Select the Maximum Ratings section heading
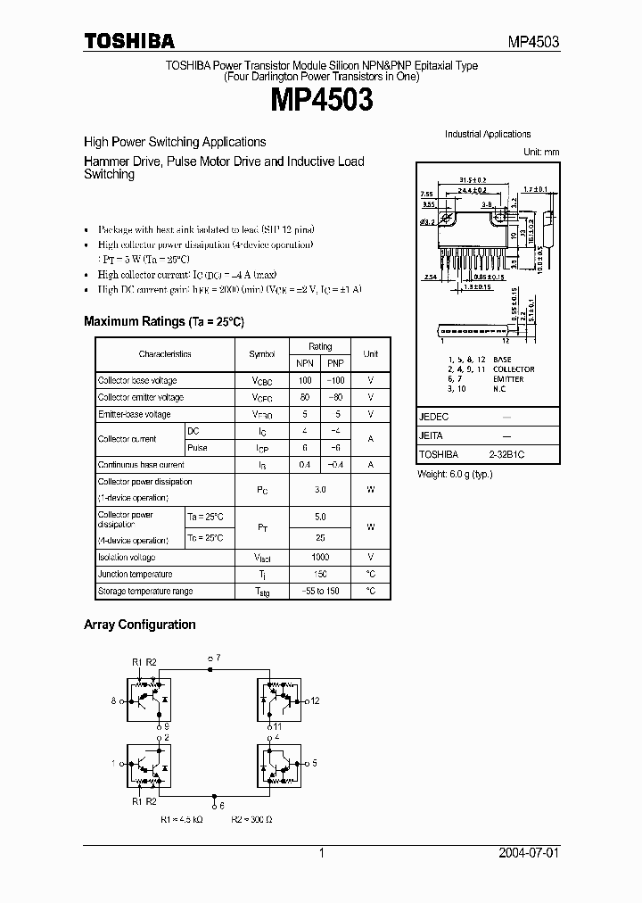pyautogui.click(x=163, y=321)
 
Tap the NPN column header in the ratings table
pyautogui.click(x=305, y=363)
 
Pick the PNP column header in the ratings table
pyautogui.click(x=335, y=363)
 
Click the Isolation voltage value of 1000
pyautogui.click(x=320, y=557)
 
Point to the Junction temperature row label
pyautogui.click(x=135, y=574)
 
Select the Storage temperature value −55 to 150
pyautogui.click(x=320, y=591)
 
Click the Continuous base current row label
pyautogui.click(x=141, y=465)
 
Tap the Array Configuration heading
pyautogui.click(x=139, y=625)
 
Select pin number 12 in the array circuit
pyautogui.click(x=315, y=701)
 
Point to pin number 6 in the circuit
pyautogui.click(x=221, y=805)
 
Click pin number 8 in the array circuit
pyautogui.click(x=113, y=701)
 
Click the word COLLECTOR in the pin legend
pyautogui.click(x=514, y=369)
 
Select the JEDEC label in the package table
pyautogui.click(x=433, y=417)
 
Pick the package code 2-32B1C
pyautogui.click(x=506, y=454)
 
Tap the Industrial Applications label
pyautogui.click(x=488, y=134)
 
